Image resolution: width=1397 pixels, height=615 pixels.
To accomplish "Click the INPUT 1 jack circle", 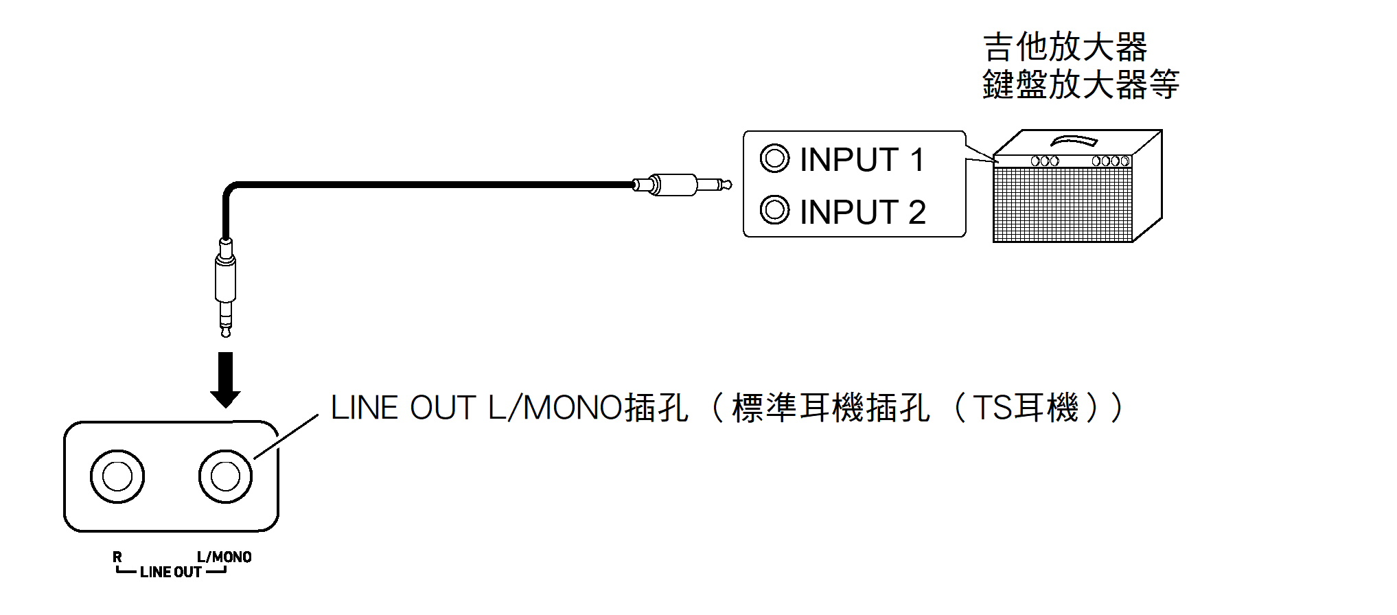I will [x=774, y=159].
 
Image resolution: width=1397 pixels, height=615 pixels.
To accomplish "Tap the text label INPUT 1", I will [x=862, y=160].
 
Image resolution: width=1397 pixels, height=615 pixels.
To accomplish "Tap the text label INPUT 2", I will [x=863, y=212].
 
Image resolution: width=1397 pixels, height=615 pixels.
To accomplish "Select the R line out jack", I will [x=117, y=476].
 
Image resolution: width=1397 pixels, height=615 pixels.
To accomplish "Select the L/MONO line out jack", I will [x=225, y=476].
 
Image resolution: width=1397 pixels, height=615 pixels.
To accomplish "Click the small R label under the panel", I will [x=117, y=557].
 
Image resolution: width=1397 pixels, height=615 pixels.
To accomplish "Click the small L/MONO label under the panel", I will [x=224, y=557].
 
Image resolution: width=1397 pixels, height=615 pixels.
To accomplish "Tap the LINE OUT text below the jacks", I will [x=171, y=572].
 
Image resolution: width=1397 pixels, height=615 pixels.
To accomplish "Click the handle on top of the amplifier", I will [x=1074, y=141].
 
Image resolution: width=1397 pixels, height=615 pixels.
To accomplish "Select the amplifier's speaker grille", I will [x=1062, y=204].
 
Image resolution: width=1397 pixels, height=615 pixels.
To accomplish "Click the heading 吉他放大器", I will [x=1065, y=47].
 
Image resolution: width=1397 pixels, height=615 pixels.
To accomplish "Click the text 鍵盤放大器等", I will [x=1081, y=84].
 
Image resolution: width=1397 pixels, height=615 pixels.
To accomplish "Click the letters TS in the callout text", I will [x=991, y=408].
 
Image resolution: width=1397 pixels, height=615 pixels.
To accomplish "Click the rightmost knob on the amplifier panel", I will [x=1125, y=161].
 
